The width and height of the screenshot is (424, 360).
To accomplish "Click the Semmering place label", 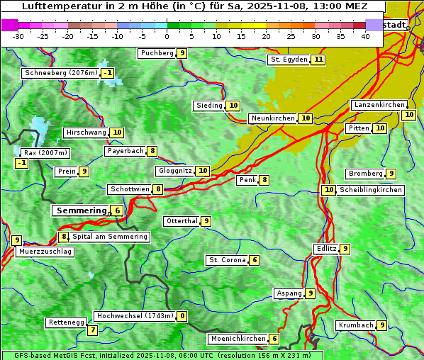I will (x=80, y=210).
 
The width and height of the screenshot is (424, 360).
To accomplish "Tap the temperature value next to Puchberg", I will (x=182, y=53).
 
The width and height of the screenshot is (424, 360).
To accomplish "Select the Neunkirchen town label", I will (x=272, y=118).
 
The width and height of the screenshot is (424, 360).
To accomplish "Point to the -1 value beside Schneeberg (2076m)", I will (x=107, y=73).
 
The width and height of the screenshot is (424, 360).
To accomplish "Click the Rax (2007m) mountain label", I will (x=45, y=152).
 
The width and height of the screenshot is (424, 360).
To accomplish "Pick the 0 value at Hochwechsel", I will (x=182, y=316).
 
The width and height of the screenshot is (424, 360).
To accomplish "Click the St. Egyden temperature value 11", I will (x=318, y=60).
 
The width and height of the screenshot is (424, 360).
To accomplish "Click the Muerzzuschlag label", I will (x=45, y=252).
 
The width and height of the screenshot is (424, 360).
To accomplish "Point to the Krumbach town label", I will (x=355, y=325).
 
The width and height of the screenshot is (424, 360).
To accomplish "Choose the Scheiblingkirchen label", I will (x=370, y=190).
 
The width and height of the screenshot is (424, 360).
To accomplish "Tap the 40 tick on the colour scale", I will (x=365, y=36).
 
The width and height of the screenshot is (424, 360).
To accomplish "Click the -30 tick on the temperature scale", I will (x=18, y=36).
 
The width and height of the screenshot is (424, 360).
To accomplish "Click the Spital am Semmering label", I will (x=110, y=237).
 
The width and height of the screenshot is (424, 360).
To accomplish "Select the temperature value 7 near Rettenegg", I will (x=92, y=330).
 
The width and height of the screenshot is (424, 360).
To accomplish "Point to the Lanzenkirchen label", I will (x=379, y=105).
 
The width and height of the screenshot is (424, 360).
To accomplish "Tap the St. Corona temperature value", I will (x=254, y=260).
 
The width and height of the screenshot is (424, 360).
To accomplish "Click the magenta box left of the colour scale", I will (x=9, y=25).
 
